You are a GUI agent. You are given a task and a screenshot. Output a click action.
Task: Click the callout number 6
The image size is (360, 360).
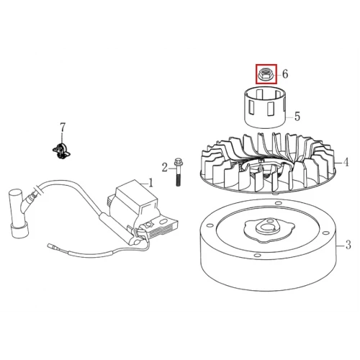[285, 73]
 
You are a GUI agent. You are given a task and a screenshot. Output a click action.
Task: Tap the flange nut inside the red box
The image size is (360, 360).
[265, 74]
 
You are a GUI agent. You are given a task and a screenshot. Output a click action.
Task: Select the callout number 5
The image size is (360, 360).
[297, 117]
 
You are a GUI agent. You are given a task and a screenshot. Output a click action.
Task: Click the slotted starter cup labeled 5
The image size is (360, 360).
[265, 107]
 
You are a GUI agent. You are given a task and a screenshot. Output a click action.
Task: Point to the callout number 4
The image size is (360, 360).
[346, 163]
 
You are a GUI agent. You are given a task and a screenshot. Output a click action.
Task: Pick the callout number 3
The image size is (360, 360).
[348, 245]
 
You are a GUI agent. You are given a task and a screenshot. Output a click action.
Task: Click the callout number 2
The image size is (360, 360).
[164, 167]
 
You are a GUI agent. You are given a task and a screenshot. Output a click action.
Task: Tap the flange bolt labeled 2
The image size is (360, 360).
[178, 172]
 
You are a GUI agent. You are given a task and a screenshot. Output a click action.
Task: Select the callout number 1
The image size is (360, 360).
[150, 183]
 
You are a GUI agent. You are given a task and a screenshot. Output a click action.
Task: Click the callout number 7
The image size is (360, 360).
[63, 127]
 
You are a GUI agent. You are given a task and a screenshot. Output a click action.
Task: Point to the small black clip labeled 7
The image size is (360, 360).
[61, 150]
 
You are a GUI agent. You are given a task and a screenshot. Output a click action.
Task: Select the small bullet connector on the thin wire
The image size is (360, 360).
[51, 246]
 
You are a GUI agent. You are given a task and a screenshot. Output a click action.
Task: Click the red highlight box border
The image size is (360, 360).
[256, 74]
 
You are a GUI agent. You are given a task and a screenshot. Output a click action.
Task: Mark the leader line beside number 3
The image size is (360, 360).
[340, 246]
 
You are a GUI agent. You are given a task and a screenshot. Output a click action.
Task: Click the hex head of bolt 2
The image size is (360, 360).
[179, 162]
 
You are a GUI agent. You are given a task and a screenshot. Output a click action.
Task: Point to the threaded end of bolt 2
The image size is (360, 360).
[179, 181]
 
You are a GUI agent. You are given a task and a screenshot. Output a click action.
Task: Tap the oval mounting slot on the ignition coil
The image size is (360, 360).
[163, 220]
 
